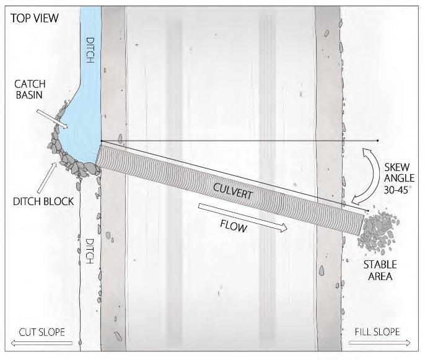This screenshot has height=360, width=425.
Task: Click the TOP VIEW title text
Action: pyautogui.click(x=34, y=18)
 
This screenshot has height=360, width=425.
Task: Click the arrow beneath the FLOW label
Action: pyautogui.click(x=243, y=216)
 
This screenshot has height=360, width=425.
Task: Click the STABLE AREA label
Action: pyautogui.click(x=380, y=271)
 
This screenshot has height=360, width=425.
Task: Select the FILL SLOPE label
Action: pyautogui.click(x=378, y=331)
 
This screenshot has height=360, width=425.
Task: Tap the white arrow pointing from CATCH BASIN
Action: pyautogui.click(x=50, y=117)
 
